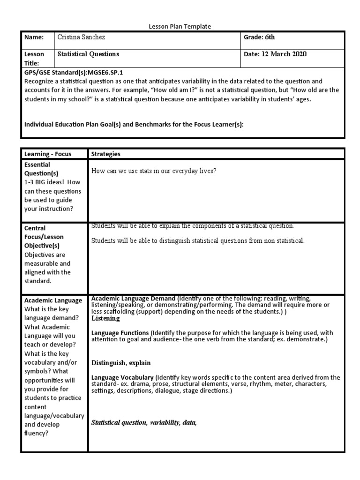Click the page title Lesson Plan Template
coord(180,27)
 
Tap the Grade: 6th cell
coord(259,37)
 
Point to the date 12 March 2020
coord(284,54)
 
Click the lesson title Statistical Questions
coord(88,54)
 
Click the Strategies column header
coord(105,154)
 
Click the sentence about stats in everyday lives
coord(154,171)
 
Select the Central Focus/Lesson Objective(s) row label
coord(45,237)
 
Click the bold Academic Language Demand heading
coord(134,299)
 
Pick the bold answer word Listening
coord(105,319)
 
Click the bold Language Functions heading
coord(120,333)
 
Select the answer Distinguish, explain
coord(121,363)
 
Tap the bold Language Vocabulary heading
coord(122,377)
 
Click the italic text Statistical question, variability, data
coord(143,423)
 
